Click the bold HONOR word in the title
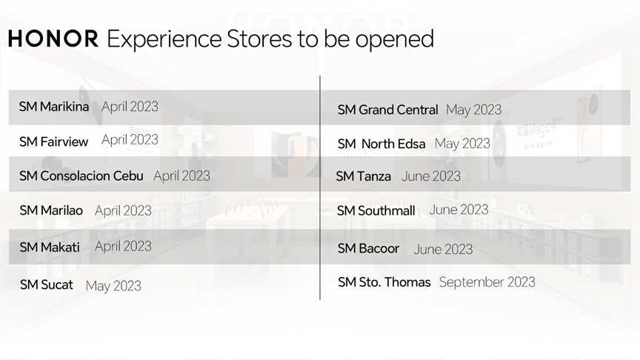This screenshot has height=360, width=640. coord(53,39)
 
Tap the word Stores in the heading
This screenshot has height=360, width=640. coord(259,39)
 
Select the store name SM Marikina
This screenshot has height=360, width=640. coord(54,107)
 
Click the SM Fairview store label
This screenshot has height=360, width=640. coord(53,141)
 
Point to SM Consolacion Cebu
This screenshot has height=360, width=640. coord(81,176)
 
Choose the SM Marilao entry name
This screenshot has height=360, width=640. coord(51,210)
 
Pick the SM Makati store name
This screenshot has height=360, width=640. coord(50,247)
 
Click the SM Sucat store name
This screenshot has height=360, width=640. coord(47,284)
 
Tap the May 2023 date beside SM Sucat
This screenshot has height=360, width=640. coord(113,286)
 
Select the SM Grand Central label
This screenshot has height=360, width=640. coord(387,110)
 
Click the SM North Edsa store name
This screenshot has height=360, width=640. coord(381,144)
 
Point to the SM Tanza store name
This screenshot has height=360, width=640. coord(363,176)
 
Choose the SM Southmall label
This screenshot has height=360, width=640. coord(376,210)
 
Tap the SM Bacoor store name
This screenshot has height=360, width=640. coord(368,248)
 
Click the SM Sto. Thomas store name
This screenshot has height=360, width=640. coord(384,282)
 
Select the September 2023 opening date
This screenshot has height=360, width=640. coord(487,282)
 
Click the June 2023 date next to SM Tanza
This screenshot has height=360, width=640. coord(431,176)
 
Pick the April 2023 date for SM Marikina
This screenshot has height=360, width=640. coord(130,107)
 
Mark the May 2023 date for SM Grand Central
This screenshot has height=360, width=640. coord(474,110)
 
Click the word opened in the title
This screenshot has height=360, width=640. coord(395,39)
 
